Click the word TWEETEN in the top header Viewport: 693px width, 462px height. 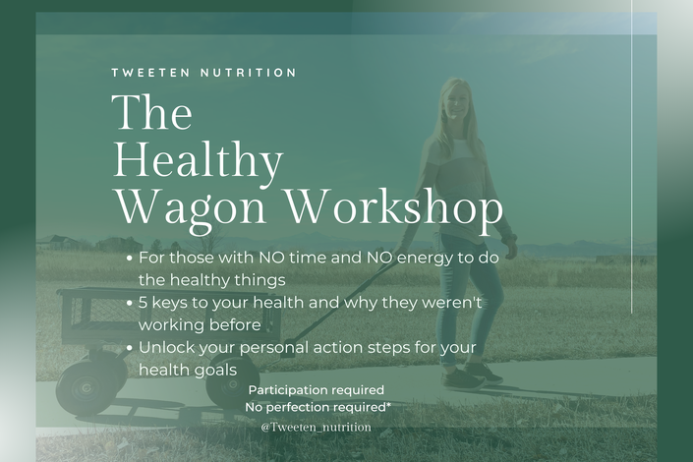(150, 73)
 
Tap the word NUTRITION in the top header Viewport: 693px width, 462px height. (249, 73)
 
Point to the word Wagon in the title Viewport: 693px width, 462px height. (191, 207)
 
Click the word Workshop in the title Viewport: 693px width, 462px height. (395, 206)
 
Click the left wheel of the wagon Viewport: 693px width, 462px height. (87, 389)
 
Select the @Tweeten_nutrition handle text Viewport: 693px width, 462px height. (316, 427)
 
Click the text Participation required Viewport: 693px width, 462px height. (316, 390)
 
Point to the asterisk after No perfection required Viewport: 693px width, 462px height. (388, 405)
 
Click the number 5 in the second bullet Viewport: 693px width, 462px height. (143, 303)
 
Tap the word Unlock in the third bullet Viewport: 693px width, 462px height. (166, 348)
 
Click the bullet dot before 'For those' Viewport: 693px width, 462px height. (129, 259)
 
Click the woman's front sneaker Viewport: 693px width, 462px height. (465, 380)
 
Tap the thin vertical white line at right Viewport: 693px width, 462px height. (632, 156)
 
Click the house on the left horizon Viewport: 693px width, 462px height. (60, 242)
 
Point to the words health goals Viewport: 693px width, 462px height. (188, 370)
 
